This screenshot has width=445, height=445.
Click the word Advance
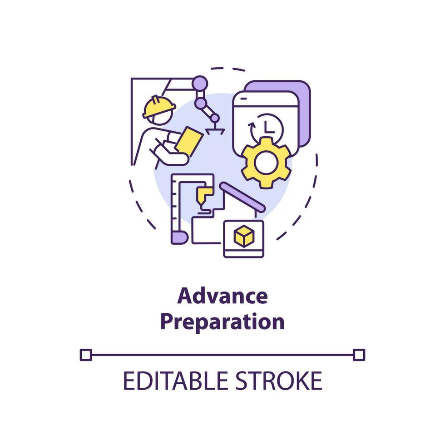tap(222, 297)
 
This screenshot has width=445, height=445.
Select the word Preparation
tap(222, 322)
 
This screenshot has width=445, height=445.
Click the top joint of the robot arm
tap(200, 84)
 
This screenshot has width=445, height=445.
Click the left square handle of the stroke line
tap(85, 354)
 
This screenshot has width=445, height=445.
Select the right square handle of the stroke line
tap(359, 354)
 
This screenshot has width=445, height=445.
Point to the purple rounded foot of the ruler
tap(178, 237)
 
